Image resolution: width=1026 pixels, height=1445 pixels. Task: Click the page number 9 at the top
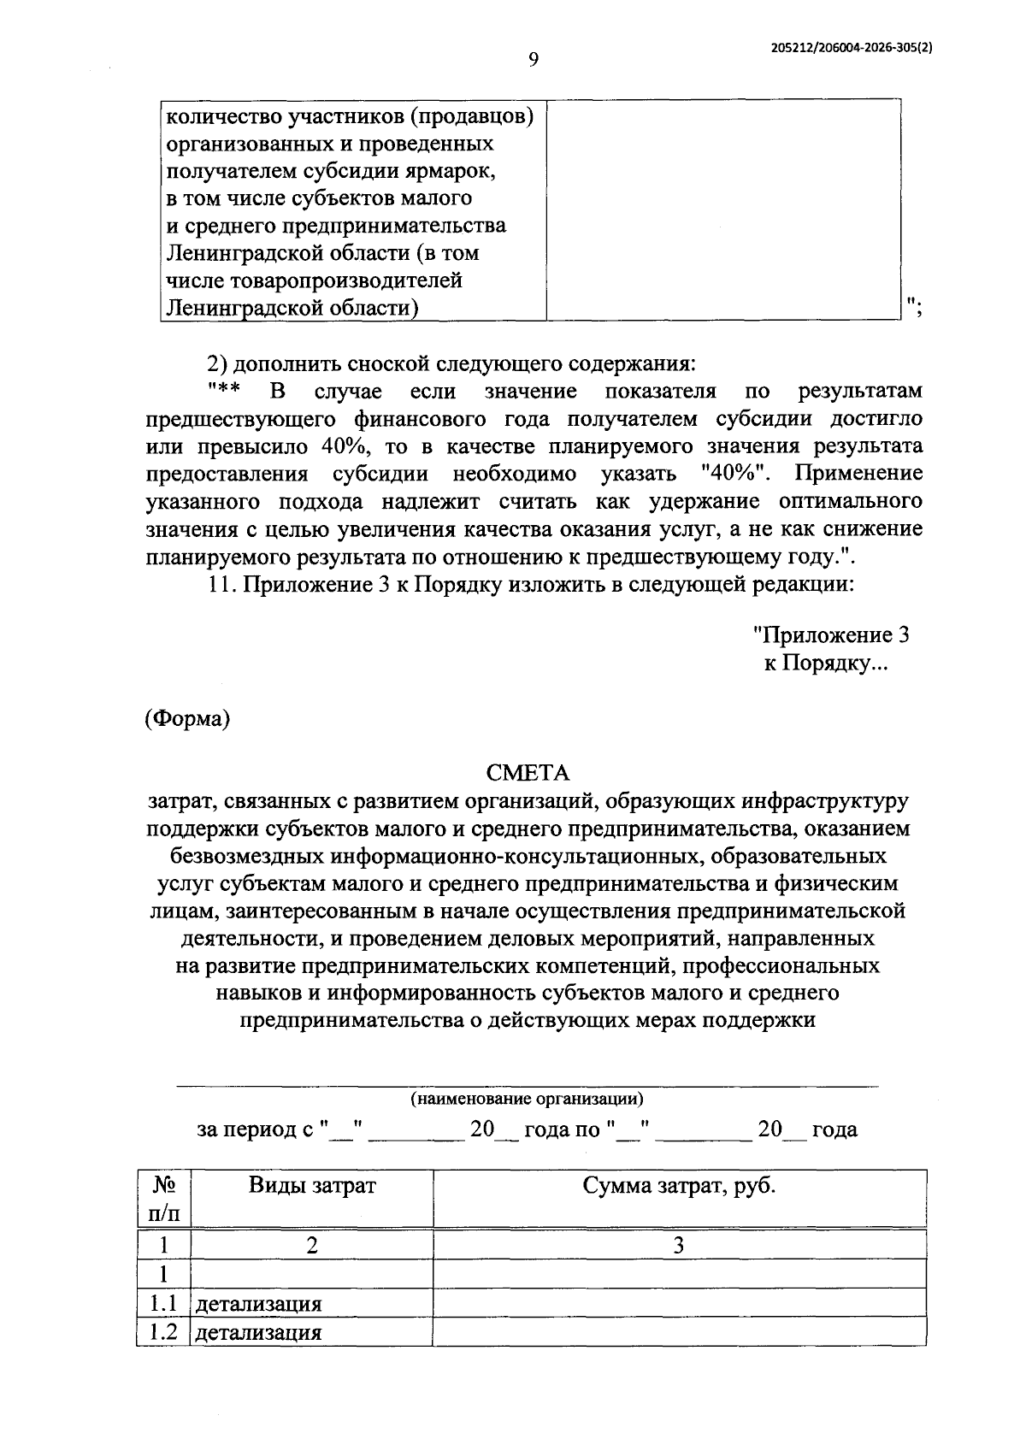pos(533,59)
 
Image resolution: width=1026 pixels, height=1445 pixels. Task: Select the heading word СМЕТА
pos(528,773)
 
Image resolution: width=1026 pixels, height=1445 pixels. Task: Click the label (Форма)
pos(187,718)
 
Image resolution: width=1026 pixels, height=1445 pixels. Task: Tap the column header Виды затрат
pos(312,1185)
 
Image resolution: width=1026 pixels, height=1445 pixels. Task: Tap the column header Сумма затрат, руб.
pos(679,1185)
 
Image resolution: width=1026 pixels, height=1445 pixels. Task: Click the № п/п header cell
pos(164,1199)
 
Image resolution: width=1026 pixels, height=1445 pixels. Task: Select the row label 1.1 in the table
pos(162,1304)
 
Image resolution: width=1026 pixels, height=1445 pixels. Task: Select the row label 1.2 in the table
pos(162,1331)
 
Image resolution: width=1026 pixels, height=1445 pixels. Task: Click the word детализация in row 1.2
pos(258,1332)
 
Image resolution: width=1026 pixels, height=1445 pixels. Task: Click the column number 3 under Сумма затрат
pos(679,1245)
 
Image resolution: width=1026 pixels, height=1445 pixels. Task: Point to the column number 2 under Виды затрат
pos(312,1245)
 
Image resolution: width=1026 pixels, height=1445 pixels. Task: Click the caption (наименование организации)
pos(527,1098)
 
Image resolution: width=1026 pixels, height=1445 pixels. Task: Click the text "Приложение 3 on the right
pos(830,635)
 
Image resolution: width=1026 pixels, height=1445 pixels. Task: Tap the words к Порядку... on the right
pos(826,664)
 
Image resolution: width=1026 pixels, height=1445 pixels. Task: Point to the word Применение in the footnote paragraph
pos(858,473)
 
